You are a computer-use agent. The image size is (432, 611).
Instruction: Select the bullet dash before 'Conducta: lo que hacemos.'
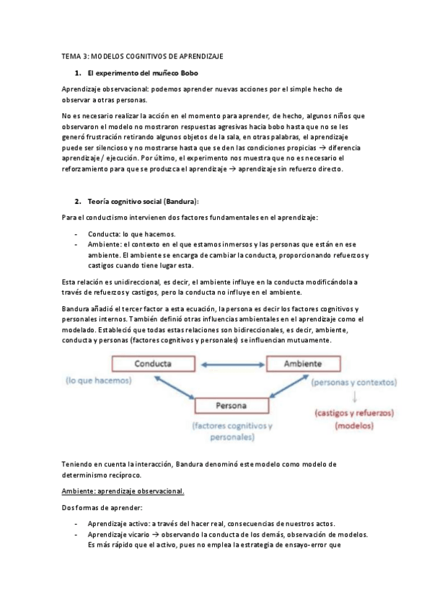coord(77,234)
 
